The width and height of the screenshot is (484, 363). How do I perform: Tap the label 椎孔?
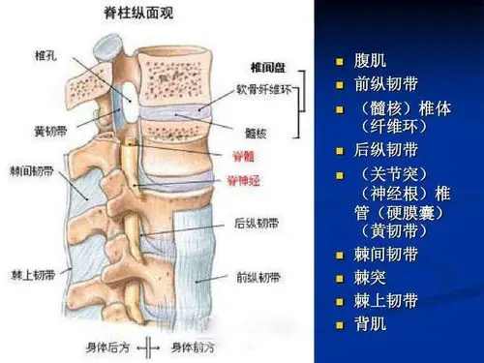click(46, 53)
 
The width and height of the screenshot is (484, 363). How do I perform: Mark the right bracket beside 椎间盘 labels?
click(307, 102)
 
